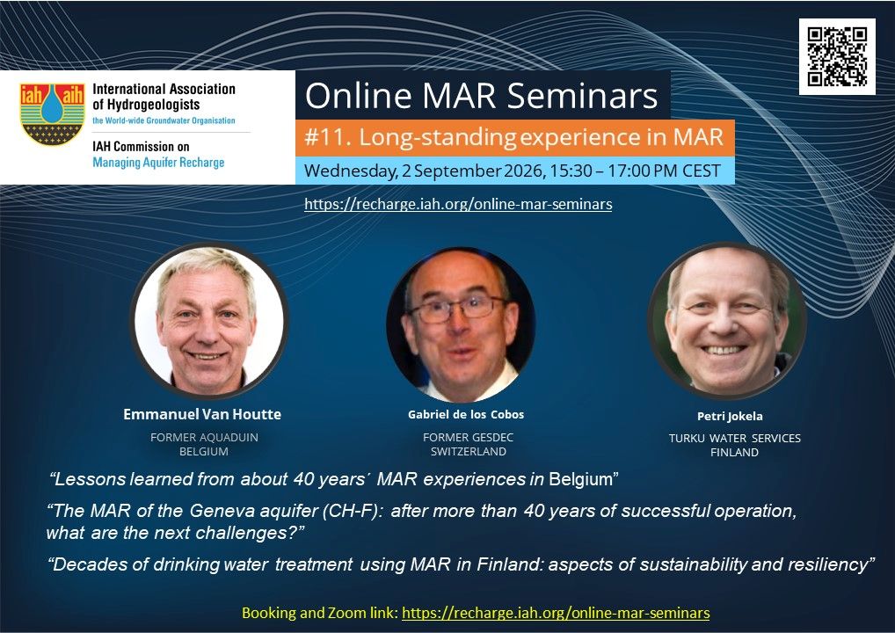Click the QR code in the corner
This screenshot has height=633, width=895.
(x=837, y=56)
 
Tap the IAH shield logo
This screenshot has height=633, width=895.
(x=52, y=114)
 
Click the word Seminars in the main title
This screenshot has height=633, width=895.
(x=582, y=95)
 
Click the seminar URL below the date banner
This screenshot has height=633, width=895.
(x=458, y=204)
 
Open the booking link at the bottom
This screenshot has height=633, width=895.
(x=556, y=613)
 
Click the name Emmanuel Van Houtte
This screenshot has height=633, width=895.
(x=202, y=414)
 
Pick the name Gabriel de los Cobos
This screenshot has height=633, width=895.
(x=466, y=414)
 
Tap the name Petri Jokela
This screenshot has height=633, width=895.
(x=730, y=416)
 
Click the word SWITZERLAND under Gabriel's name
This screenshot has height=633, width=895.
(x=468, y=452)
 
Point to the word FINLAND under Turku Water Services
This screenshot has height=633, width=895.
(x=735, y=453)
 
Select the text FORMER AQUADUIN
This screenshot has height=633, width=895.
(x=204, y=437)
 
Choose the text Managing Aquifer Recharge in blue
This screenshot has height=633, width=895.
(x=158, y=163)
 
